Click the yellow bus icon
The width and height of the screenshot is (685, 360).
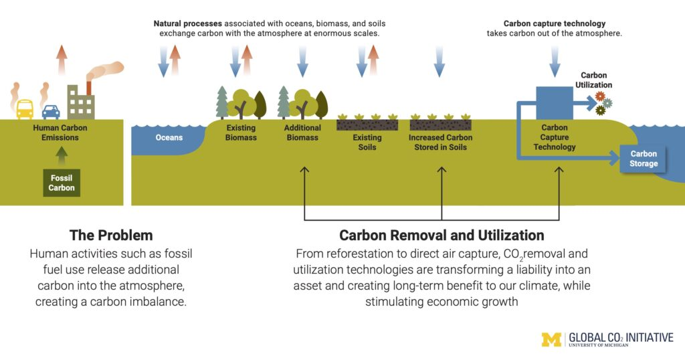pyautogui.click(x=25, y=108)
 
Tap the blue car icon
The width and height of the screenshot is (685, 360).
pyautogui.click(x=51, y=111)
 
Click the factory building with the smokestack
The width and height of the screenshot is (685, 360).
pyautogui.click(x=81, y=100)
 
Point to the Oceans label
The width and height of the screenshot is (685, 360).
pyautogui.click(x=169, y=138)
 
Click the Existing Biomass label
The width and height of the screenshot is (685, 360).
pyautogui.click(x=241, y=132)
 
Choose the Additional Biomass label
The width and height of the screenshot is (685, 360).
pyautogui.click(x=302, y=132)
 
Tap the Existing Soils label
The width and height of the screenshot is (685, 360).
pyautogui.click(x=367, y=143)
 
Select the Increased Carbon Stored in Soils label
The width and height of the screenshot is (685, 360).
pyautogui.click(x=440, y=143)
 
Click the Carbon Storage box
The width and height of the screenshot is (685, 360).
pyautogui.click(x=643, y=159)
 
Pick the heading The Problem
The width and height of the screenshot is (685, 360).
pyautogui.click(x=111, y=236)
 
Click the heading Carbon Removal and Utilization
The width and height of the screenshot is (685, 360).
pyautogui.click(x=442, y=236)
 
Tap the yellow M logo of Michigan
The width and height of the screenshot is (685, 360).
pyautogui.click(x=552, y=339)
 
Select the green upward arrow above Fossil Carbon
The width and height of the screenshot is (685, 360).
pyautogui.click(x=62, y=156)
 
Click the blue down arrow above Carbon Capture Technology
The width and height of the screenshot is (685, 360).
pyautogui.click(x=555, y=61)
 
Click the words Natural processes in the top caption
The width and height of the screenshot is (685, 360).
pyautogui.click(x=187, y=24)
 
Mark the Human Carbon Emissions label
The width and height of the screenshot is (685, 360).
pyautogui.click(x=62, y=132)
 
